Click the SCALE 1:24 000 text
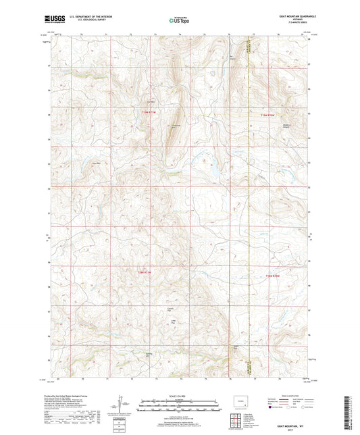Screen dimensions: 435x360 tap(179, 395)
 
